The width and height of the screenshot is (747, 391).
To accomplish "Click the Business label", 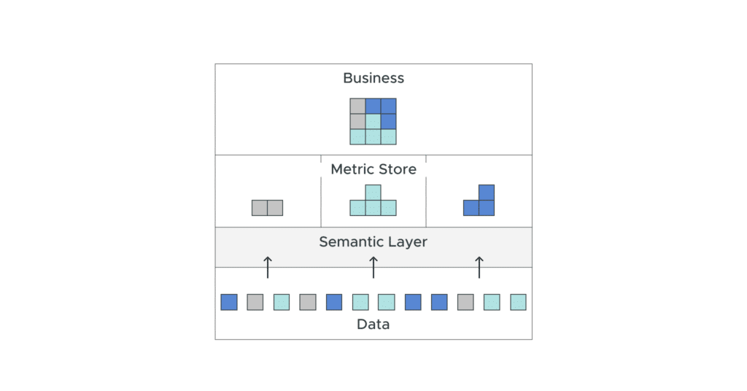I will pyautogui.click(x=373, y=78).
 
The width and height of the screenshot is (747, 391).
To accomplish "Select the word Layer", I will pyautogui.click(x=408, y=241).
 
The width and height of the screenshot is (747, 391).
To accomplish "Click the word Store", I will pyautogui.click(x=399, y=169).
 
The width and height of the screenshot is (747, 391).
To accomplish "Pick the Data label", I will pyautogui.click(x=373, y=325).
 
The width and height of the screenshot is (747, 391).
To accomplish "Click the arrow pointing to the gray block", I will pyautogui.click(x=268, y=267).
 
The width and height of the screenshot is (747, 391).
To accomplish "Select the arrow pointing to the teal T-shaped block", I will pyautogui.click(x=373, y=267).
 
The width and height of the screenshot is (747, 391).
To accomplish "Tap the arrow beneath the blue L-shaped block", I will pyautogui.click(x=479, y=267).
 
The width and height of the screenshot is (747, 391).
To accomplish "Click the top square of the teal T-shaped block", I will pyautogui.click(x=373, y=193).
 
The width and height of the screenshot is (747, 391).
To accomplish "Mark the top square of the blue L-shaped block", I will pyautogui.click(x=487, y=193).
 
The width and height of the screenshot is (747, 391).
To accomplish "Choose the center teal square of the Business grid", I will pyautogui.click(x=373, y=121).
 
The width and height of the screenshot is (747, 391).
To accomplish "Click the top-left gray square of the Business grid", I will pyautogui.click(x=357, y=106).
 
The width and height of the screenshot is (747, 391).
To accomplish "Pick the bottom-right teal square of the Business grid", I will pyautogui.click(x=389, y=136).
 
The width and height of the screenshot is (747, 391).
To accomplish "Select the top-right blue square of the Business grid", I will pyautogui.click(x=389, y=106).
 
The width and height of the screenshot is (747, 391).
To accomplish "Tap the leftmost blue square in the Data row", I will pyautogui.click(x=229, y=302).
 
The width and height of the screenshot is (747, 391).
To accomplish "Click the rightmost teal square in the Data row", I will pyautogui.click(x=518, y=302).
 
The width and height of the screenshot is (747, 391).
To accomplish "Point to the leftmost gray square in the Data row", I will pyautogui.click(x=255, y=302).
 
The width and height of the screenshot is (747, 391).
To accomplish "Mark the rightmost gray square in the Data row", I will pyautogui.click(x=465, y=302).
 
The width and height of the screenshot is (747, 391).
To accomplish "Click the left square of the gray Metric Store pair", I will pyautogui.click(x=260, y=208).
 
